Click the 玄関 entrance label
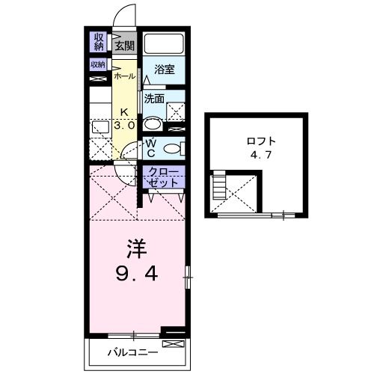[125, 46]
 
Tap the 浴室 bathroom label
[164, 70]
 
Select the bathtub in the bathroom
[165, 43]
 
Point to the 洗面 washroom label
[154, 98]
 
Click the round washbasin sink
[153, 124]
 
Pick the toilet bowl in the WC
[171, 147]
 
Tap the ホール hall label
[124, 76]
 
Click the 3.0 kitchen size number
[124, 126]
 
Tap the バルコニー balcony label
[132, 352]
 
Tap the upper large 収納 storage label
[99, 42]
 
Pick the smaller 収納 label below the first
[98, 64]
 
